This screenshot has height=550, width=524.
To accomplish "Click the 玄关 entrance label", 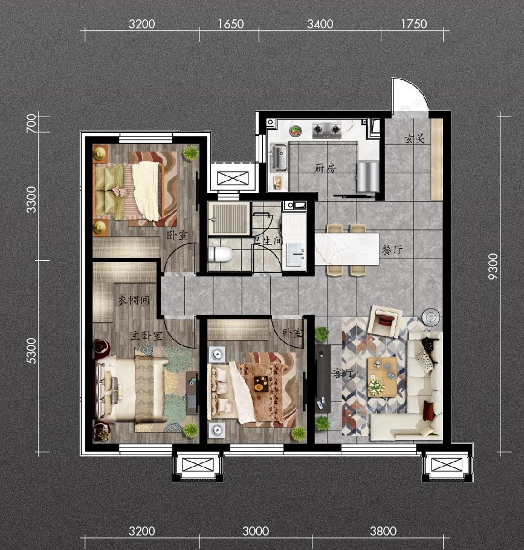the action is (415, 139).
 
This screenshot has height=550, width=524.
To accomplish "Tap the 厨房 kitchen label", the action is (325, 168).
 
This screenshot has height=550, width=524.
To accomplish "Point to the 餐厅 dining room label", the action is (392, 250).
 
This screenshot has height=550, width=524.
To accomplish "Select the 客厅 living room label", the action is (343, 374).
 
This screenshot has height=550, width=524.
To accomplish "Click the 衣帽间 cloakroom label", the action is (134, 300).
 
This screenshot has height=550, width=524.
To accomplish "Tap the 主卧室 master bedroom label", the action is (147, 336).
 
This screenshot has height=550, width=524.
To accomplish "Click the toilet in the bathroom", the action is (220, 254).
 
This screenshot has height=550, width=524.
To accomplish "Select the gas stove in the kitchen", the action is (327, 129).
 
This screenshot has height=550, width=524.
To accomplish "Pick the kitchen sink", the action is (279, 157).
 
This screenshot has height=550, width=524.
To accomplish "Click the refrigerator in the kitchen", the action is (368, 176).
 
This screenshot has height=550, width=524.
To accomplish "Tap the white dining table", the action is (347, 249).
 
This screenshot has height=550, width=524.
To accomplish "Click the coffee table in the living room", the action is (382, 377).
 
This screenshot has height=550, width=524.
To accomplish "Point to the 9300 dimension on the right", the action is (493, 267).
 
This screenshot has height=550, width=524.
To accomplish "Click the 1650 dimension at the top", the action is (231, 24).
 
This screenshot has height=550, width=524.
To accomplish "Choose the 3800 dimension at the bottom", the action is (383, 531).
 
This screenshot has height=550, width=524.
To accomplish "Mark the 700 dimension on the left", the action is (31, 124).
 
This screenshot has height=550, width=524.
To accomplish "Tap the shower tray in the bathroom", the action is (229, 219).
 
